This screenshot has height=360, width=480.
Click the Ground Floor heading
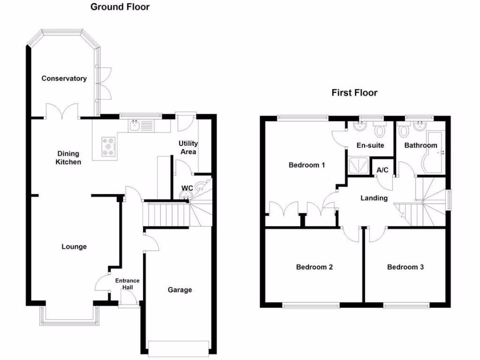tap(120, 7)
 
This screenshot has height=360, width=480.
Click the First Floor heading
tap(354, 92)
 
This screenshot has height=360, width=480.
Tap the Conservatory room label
tap(64, 78)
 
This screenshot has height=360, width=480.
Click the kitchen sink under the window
tap(135, 126)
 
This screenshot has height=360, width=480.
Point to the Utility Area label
tap(187, 147)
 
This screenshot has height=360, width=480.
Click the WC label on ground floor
tap(187, 188)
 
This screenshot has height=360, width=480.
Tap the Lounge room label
tap(74, 247)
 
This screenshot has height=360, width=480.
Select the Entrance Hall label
tap(127, 284)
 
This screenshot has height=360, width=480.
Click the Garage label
tap(180, 290)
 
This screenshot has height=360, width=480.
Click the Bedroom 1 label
tap(307, 165)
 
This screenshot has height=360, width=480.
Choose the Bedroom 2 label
tap(315, 267)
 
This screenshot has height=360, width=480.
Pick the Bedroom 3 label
tap(405, 267)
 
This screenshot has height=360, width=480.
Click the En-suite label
tap(370, 145)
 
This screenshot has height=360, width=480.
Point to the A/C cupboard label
tap(382, 169)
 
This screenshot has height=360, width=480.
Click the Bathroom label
tap(420, 145)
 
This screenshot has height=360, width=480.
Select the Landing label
tap(374, 198)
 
